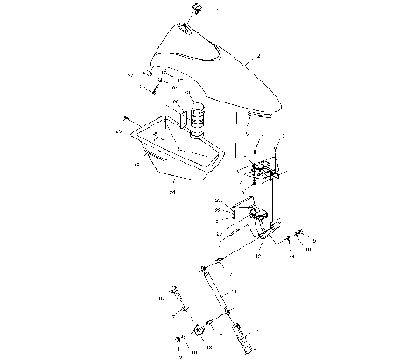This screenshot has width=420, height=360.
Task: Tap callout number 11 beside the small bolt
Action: click(x=291, y=249)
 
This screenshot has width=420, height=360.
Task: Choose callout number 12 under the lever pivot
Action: click(x=259, y=257)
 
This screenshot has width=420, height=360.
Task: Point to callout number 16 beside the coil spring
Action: click(x=161, y=299)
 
